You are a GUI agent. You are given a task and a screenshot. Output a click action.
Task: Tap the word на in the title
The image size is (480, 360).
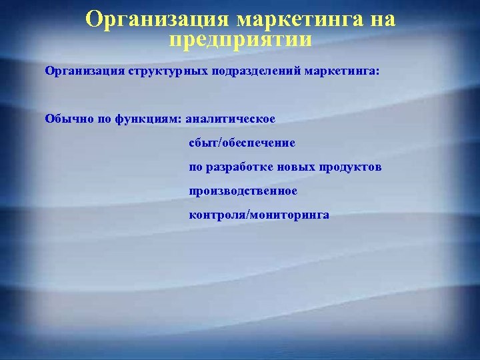coord(382,19)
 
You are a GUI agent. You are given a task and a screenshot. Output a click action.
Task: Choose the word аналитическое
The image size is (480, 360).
coord(230,119)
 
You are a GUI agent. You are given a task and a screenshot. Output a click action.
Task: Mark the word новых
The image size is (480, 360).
coord(293,167)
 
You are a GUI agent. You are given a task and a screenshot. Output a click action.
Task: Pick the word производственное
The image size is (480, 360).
coord(243,191)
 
